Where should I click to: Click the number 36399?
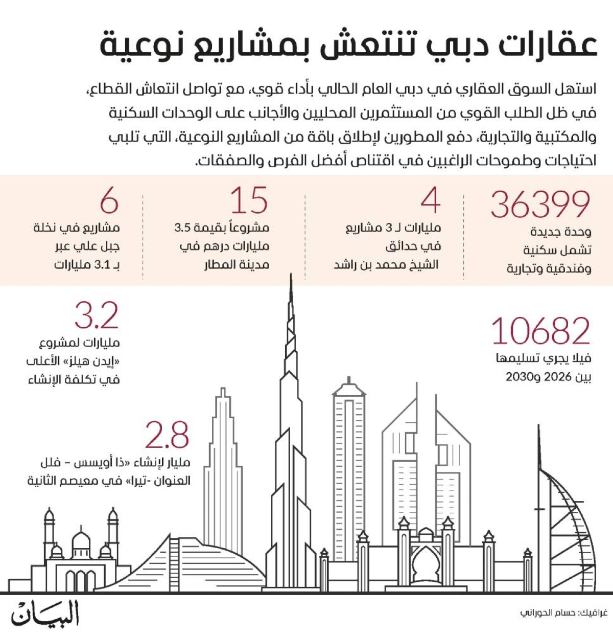pyautogui.click(x=540, y=204)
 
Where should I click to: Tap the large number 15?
pyautogui.click(x=249, y=200)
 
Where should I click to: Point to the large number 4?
pyautogui.click(x=431, y=200)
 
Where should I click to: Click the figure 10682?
pyautogui.click(x=540, y=331)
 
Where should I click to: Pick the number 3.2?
pyautogui.click(x=97, y=315)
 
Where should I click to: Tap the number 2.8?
pyautogui.click(x=167, y=435)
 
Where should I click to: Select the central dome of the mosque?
pyautogui.click(x=81, y=541)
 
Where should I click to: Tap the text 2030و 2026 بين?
pyautogui.click(x=548, y=377)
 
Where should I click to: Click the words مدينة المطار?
pyautogui.click(x=237, y=265)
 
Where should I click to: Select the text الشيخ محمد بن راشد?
pyautogui.click(x=387, y=265)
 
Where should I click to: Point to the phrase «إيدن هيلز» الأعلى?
pyautogui.click(x=73, y=361)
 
